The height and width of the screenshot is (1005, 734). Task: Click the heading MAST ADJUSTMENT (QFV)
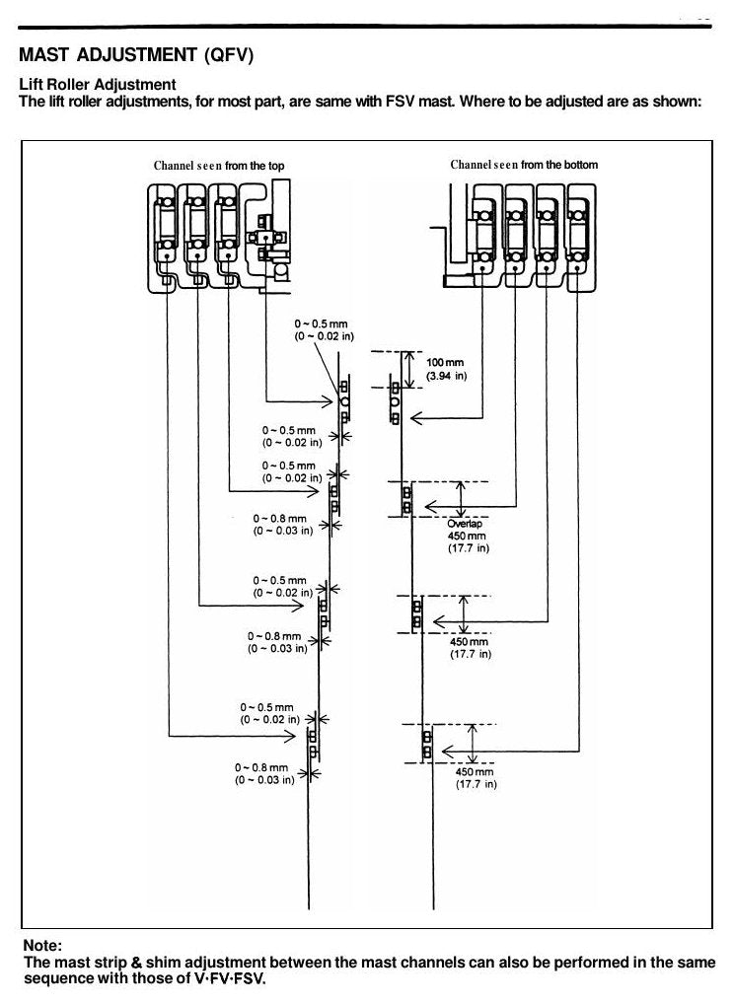pos(136,55)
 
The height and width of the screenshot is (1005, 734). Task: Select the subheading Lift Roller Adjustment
pos(98,85)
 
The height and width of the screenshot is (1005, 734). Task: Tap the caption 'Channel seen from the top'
pos(219,166)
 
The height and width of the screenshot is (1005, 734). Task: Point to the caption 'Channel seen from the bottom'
pos(524,165)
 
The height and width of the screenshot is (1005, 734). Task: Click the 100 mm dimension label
pos(445,363)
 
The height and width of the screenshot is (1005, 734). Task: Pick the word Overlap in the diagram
pos(465,524)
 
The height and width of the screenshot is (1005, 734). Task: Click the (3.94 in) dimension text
pos(446,376)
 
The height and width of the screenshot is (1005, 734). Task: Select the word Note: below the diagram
pos(42,946)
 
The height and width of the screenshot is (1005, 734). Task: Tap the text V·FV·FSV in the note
pos(229,978)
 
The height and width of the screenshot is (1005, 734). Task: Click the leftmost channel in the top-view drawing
pos(164,238)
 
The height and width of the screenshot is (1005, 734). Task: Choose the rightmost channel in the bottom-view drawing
pos(580,238)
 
